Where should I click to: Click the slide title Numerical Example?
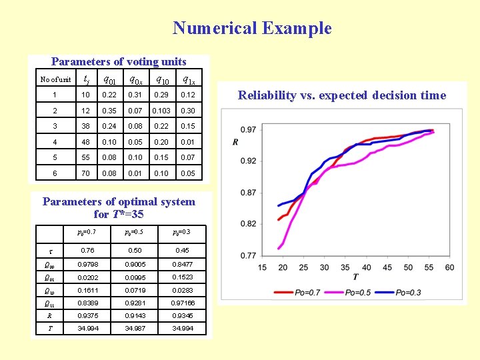click(252, 28)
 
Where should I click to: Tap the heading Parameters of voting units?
click(119, 62)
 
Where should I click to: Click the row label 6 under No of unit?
click(55, 173)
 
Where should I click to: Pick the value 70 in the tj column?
click(85, 173)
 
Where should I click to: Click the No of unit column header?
click(55, 80)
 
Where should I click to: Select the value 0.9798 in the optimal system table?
click(87, 265)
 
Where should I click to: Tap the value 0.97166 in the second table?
click(182, 303)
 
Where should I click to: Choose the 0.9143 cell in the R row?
click(135, 315)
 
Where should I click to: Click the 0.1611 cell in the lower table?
click(87, 290)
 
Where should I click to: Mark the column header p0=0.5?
click(135, 233)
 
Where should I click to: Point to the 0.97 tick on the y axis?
click(248, 129)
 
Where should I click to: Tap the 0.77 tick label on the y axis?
click(248, 255)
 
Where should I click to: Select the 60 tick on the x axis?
click(449, 267)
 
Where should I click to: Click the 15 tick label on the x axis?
click(262, 267)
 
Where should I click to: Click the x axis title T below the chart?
click(355, 277)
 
